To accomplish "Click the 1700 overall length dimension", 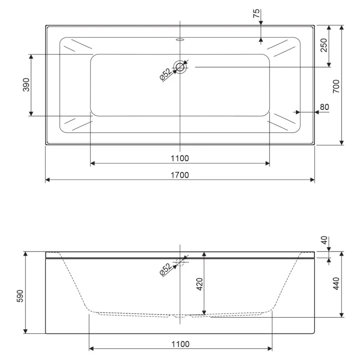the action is pos(180,175).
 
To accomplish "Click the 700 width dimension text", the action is pos(336,86).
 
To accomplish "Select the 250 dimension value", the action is pos(324,45).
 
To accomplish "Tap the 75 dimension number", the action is pos(256,13).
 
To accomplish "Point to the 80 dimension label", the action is pos(324,107).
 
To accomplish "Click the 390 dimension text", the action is pos(26,85).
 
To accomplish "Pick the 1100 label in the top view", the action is pos(180,158).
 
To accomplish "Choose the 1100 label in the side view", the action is pos(180,344).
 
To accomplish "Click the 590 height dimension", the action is pos(20,296).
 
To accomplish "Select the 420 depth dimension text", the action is pos(200,284).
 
